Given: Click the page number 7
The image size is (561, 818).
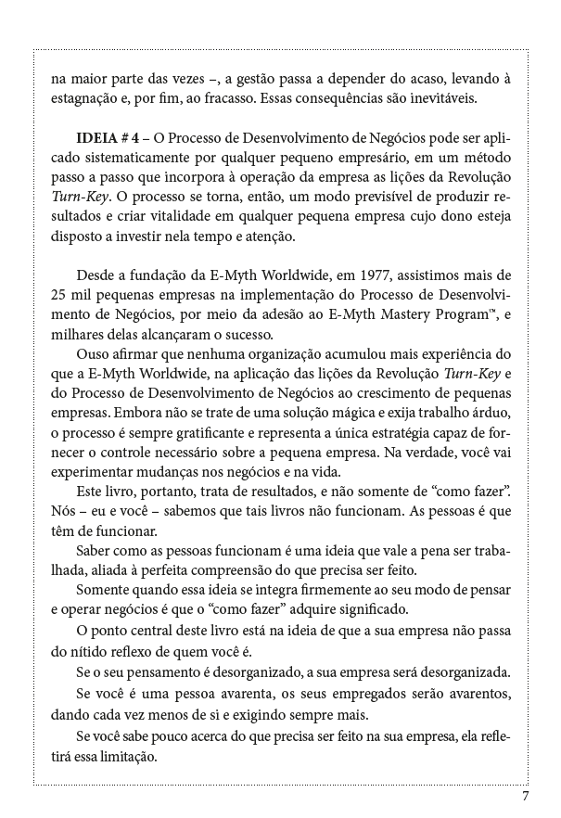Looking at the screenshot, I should [x=525, y=796].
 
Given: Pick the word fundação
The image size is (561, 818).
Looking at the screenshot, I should [x=149, y=275].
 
